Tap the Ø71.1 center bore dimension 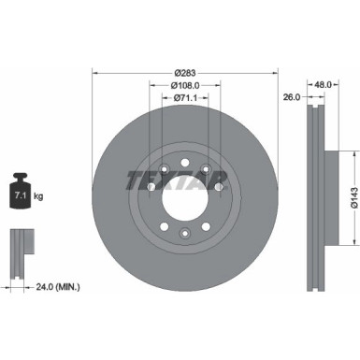pyautogui.click(x=185, y=98)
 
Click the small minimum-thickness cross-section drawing pyautogui.click(x=20, y=247)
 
